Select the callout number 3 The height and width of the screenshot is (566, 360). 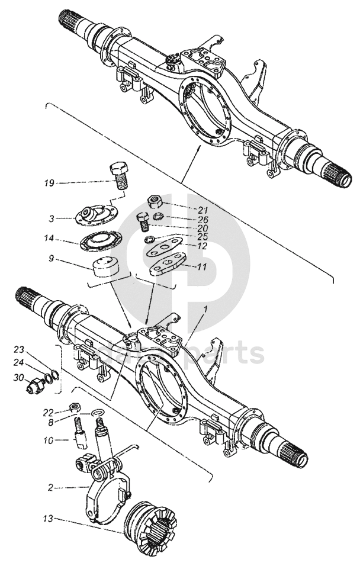click(52, 218)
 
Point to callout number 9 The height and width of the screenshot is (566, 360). click(52, 259)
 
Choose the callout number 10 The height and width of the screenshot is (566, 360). click(47, 440)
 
